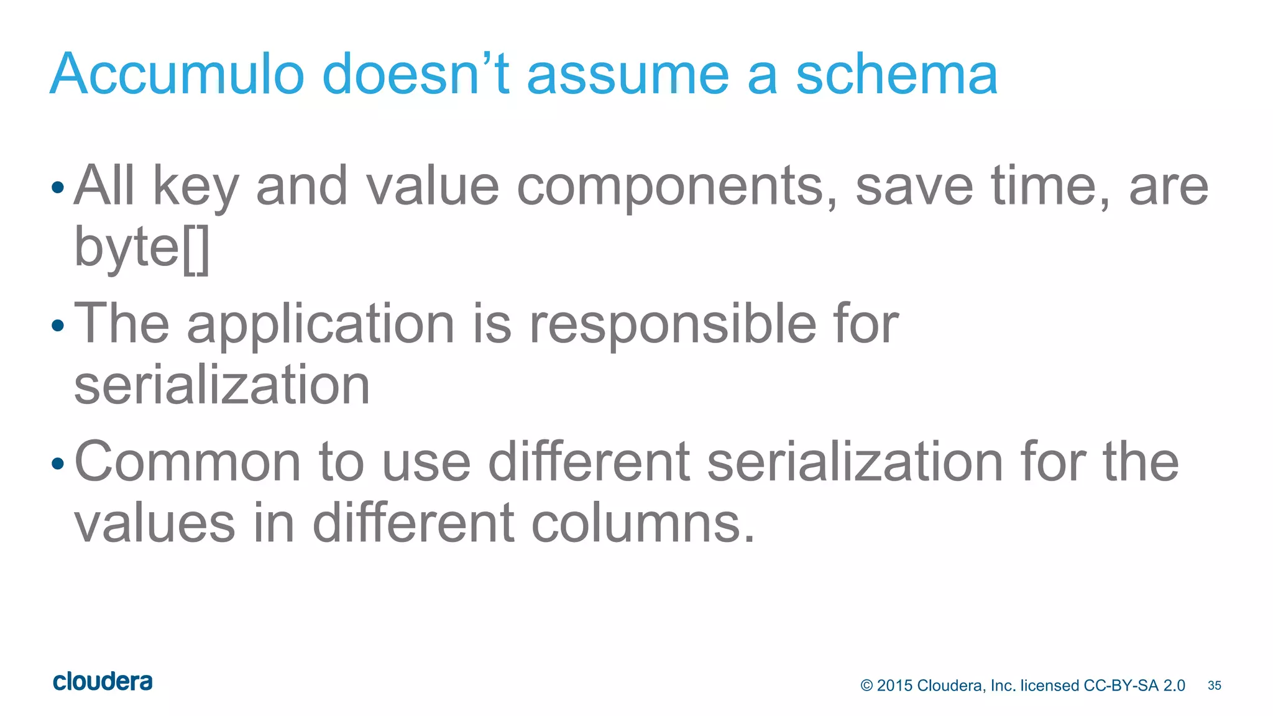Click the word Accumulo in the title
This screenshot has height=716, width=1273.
pos(177,75)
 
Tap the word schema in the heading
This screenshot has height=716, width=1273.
pos(896,75)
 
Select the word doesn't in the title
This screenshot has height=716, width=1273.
pos(415,75)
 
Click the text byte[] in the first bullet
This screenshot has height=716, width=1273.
pos(142,247)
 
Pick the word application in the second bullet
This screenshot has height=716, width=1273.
pos(321,324)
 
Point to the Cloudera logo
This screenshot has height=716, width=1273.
pos(103,682)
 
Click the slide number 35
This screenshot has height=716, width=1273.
pos(1214,686)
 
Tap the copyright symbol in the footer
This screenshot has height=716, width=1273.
pos(866,686)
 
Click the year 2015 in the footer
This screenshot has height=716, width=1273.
pos(894,686)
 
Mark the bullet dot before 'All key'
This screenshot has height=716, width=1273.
pos(58,187)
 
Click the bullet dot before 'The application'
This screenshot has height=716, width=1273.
pos(58,325)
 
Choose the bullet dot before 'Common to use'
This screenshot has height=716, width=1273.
pos(58,463)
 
